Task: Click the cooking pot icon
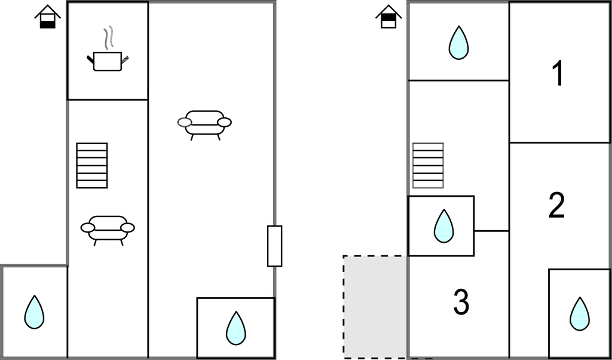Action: coord(108,61)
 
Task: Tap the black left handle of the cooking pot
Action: coord(90,60)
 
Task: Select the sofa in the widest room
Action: coord(204,125)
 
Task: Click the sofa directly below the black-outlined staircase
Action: coord(108,230)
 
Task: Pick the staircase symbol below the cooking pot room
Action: coord(92,166)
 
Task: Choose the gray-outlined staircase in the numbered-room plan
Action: coord(428,166)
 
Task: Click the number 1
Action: coord(559,73)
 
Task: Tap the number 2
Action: coord(556,205)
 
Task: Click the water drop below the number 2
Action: coord(580,314)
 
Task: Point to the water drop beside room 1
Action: coord(458,42)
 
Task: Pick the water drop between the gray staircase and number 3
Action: coord(444,226)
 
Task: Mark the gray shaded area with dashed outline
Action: coord(375,307)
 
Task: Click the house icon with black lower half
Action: coord(48,16)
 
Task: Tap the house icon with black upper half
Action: coord(388,16)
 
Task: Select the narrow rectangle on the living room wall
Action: coord(275,246)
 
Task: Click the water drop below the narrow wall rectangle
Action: coord(236,328)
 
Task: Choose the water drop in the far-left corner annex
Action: coord(34,312)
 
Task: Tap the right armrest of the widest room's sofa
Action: coord(225,122)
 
